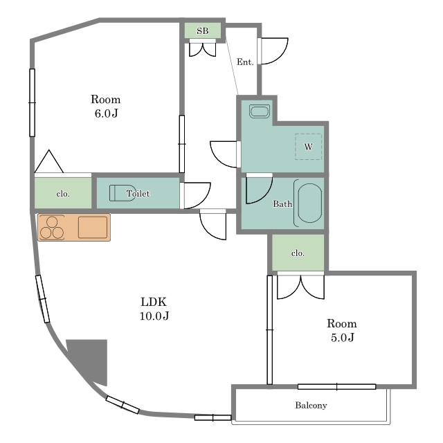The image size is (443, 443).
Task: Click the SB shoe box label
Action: pos(203,30)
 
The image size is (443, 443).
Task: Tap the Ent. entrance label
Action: pos(245,62)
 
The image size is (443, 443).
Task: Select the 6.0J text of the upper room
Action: pos(106,114)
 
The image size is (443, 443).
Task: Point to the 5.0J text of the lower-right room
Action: pos(343,337)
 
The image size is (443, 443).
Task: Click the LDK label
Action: pos(154,302)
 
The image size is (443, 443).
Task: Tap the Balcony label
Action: pos(311,406)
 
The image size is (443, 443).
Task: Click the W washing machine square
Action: pos(308,147)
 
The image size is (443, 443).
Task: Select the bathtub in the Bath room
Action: pos(309,203)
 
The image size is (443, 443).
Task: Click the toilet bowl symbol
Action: pos(122,193)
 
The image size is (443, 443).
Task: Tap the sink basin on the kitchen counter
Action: pos(93,227)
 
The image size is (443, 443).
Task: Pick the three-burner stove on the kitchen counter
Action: pos(52,228)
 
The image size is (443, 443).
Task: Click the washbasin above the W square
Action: pos(260,111)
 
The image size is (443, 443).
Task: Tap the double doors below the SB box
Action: pos(203,50)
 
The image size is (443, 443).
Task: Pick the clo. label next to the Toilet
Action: pos(63,194)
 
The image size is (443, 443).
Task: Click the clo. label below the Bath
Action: pos(298,253)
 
